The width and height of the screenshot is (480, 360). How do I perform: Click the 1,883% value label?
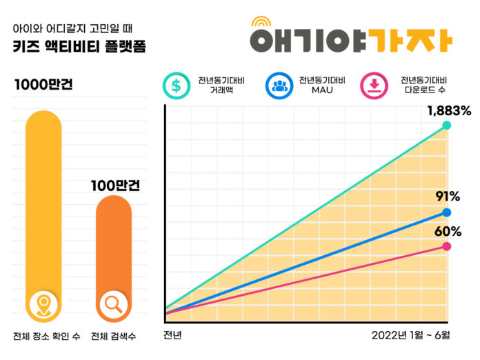coord(448,110)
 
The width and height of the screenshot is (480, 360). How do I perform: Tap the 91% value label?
coord(448,197)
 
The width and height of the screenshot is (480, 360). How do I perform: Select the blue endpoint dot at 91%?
coord(447,212)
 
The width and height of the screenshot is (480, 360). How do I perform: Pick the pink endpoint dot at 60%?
coord(447,246)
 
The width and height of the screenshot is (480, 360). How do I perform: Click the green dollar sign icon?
coord(177,86)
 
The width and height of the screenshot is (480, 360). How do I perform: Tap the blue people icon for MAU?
coord(280,86)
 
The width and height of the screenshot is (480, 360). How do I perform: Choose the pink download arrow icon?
coord(375,86)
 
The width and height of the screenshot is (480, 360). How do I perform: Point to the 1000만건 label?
coord(43,86)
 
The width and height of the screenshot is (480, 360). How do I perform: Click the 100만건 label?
coord(115,186)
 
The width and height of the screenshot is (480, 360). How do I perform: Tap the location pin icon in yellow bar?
coord(43,303)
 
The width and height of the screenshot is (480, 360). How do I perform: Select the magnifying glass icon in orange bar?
coord(112,303)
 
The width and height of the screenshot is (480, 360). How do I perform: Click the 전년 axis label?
coord(172,336)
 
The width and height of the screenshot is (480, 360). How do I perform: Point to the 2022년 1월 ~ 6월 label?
coord(410,336)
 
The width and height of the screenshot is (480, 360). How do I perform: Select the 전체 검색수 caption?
coord(113,337)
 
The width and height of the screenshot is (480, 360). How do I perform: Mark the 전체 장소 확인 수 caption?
coord(46,337)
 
